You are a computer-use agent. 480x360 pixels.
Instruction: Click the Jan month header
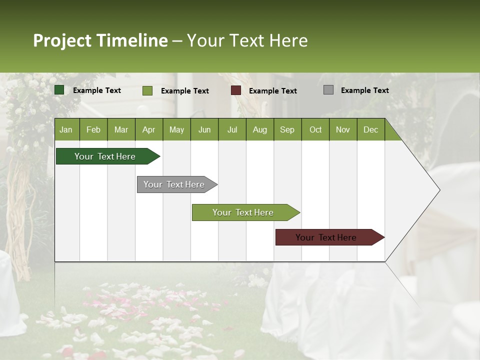point(66,129)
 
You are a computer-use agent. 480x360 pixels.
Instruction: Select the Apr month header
point(148,129)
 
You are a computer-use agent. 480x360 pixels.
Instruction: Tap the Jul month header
point(232,129)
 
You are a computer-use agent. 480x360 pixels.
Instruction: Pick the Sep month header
point(287,129)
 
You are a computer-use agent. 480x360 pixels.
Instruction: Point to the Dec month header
point(370,129)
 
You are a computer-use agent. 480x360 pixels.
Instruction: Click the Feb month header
point(93,129)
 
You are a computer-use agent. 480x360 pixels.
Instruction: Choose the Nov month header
point(342,129)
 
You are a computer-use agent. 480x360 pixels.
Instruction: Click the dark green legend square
point(59,90)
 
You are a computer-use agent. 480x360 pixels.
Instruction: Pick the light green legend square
point(147,90)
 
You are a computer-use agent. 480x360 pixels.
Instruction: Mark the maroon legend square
point(236,90)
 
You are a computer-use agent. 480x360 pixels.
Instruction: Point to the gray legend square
point(328,90)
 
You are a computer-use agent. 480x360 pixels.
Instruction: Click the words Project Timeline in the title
point(100,40)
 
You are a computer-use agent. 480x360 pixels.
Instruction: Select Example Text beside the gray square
point(364,90)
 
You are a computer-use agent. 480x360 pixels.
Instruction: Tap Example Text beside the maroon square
point(272,91)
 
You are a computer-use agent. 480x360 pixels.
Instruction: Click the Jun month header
point(204,129)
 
